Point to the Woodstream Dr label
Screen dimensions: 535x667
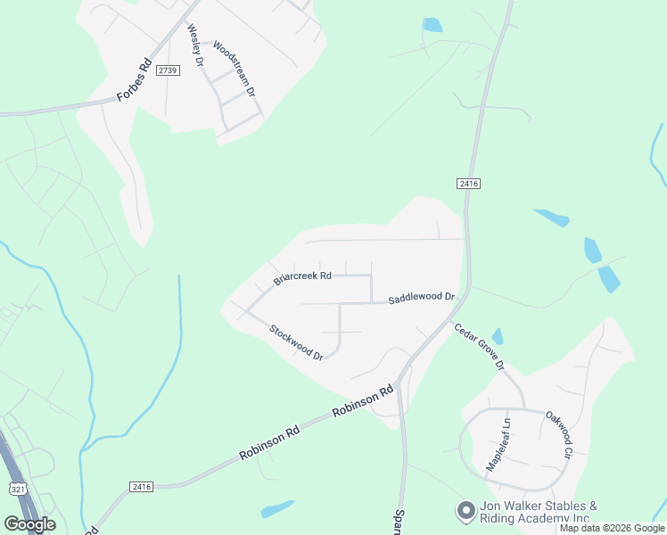[x=235, y=68]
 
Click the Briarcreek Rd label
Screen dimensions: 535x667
[x=302, y=276]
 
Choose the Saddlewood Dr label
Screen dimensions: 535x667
[x=421, y=298]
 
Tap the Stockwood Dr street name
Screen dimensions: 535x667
[x=296, y=342]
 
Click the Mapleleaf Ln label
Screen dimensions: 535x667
[x=497, y=445]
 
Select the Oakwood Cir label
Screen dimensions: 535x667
[x=558, y=435]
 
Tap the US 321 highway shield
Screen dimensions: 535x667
[x=18, y=489]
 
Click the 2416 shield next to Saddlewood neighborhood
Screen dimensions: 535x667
[x=468, y=183]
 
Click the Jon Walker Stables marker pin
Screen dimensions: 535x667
[x=465, y=511]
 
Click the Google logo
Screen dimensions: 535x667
[x=29, y=524]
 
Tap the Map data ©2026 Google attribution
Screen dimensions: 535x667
[x=613, y=528]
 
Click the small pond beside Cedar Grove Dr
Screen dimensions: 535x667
[x=497, y=336]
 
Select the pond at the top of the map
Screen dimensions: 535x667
[x=432, y=25]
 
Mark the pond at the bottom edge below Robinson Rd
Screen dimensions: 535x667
[x=277, y=509]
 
